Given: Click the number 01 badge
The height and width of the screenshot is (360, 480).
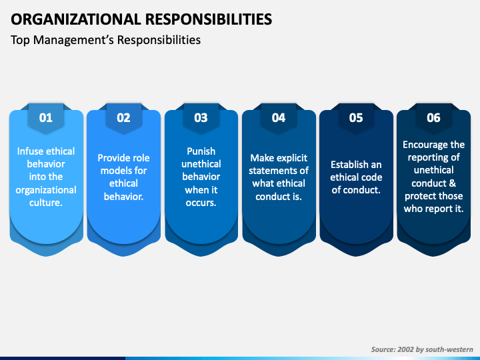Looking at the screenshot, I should pyautogui.click(x=46, y=118).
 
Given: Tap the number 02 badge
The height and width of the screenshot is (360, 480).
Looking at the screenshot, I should pyautogui.click(x=123, y=118).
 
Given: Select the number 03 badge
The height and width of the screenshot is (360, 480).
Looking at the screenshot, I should pyautogui.click(x=201, y=118).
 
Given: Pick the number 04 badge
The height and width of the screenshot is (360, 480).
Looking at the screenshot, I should pyautogui.click(x=279, y=118).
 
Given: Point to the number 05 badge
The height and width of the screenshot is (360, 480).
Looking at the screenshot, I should pyautogui.click(x=356, y=118).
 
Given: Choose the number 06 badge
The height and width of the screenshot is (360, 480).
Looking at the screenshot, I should pyautogui.click(x=433, y=118).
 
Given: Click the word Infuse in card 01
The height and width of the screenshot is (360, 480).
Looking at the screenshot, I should pyautogui.click(x=31, y=151).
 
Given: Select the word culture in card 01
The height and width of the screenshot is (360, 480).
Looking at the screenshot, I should pyautogui.click(x=45, y=202).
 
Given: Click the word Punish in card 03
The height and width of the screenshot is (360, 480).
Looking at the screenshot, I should pyautogui.click(x=201, y=151).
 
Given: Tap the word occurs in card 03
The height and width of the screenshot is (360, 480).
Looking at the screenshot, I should pyautogui.click(x=200, y=202).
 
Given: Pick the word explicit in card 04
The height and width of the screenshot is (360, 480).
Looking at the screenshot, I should pyautogui.click(x=291, y=158).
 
